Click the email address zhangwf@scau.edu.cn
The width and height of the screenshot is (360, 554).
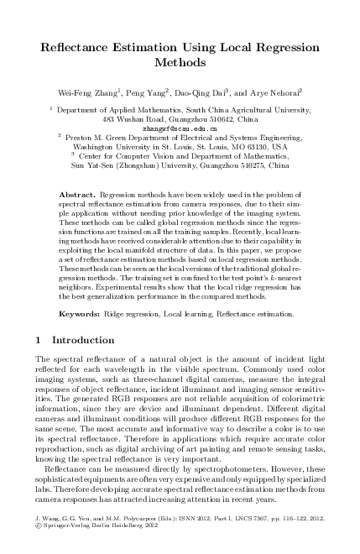[x=180, y=128]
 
